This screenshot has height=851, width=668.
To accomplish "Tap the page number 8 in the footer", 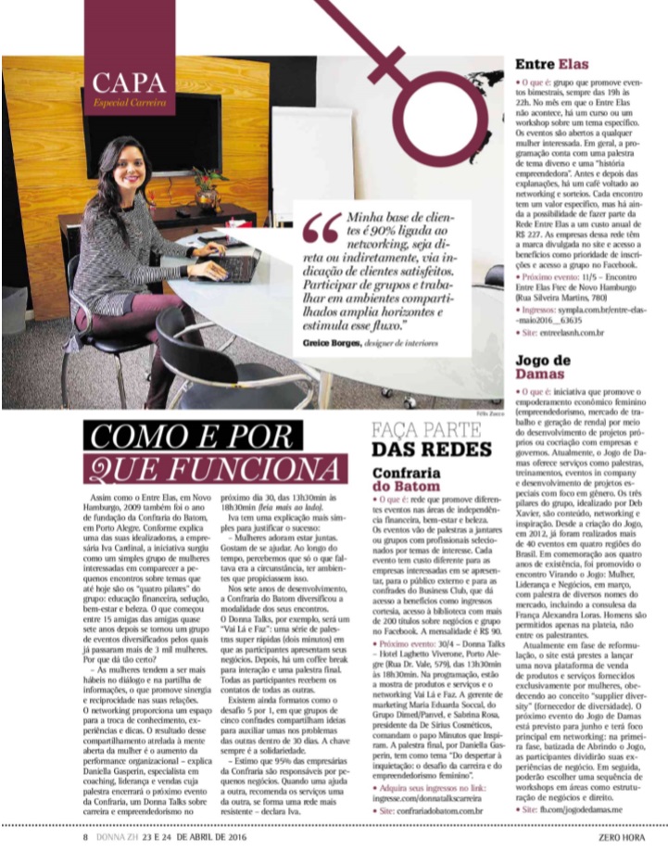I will pos(84,837).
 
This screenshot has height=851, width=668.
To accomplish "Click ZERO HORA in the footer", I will pos(628,837).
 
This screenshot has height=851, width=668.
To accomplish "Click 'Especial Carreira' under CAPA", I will pos(129,101).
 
